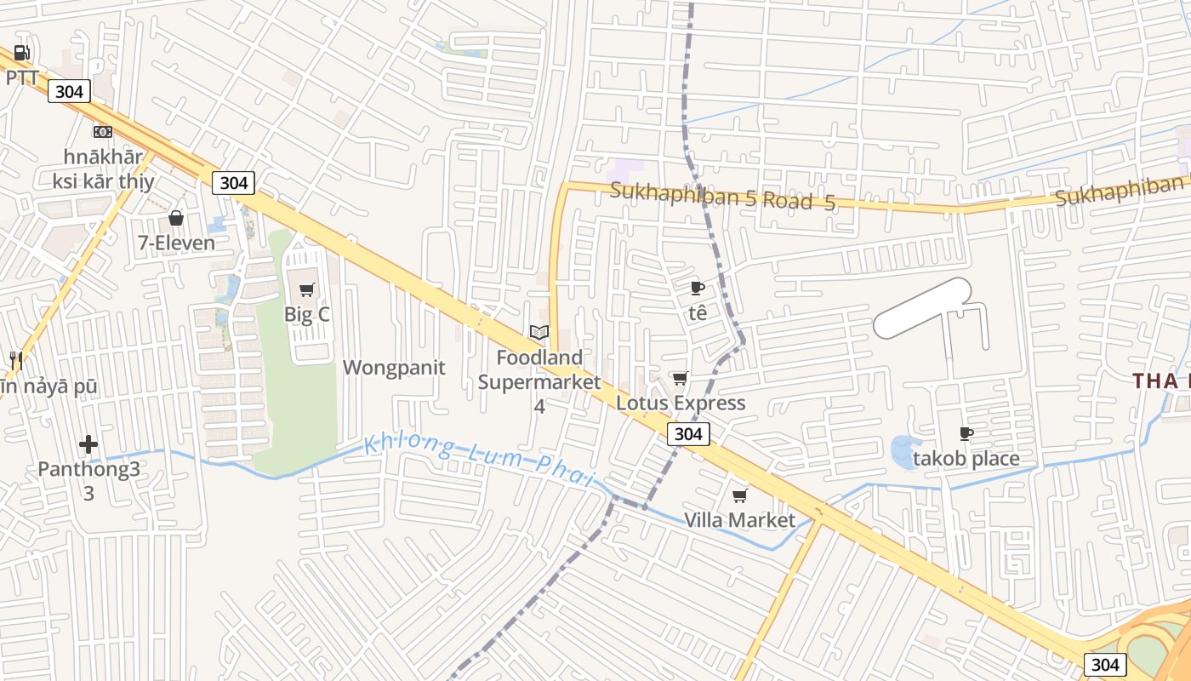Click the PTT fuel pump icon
point(22,54)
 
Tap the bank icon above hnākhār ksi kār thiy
point(103,131)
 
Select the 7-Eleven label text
point(177,243)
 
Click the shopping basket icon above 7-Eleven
point(176,218)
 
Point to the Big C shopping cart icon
point(307,289)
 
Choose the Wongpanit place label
point(394,368)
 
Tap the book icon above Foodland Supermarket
point(539,332)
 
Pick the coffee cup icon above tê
point(698,288)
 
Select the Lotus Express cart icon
point(680,378)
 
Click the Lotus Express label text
point(681,403)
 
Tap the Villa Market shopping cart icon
point(740,495)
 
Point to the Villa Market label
point(740,520)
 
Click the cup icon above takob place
point(966,433)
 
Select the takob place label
point(966,459)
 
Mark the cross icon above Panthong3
point(88,444)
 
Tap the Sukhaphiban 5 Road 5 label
point(722,196)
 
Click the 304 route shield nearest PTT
point(69,91)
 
